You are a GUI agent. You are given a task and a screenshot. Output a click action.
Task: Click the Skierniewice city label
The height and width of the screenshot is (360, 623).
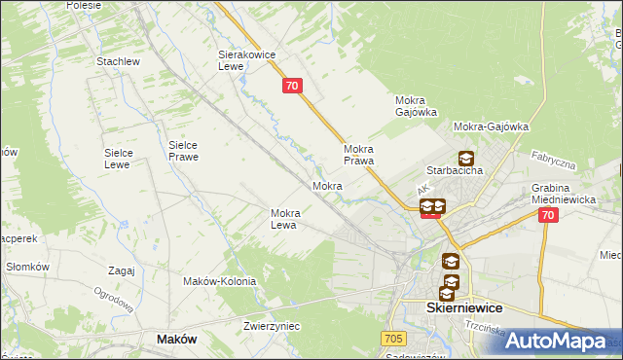[464, 306]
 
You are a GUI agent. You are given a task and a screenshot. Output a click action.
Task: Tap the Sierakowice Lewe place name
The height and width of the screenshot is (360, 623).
[243, 61]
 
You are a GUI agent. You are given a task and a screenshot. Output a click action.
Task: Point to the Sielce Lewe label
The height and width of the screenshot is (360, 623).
[126, 159]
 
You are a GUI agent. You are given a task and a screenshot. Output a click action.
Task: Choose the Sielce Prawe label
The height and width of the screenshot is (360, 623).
[183, 150]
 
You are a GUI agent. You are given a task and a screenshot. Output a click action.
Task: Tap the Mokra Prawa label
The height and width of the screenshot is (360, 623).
[359, 155]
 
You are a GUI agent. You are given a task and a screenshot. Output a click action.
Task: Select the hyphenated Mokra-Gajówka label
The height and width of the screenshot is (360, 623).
[491, 126]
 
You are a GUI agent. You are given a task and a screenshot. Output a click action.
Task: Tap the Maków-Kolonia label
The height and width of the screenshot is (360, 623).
[219, 281]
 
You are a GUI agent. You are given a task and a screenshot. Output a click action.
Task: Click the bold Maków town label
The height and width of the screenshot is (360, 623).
[176, 339]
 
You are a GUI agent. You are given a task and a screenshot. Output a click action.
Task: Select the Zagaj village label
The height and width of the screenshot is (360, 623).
[122, 270]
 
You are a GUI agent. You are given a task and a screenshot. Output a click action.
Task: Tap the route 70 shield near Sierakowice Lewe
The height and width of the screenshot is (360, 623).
[293, 87]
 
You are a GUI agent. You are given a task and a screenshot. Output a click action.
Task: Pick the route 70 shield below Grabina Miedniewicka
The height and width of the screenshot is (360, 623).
[548, 216]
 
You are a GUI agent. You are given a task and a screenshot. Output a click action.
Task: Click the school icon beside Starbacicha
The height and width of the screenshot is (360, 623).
[466, 158]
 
